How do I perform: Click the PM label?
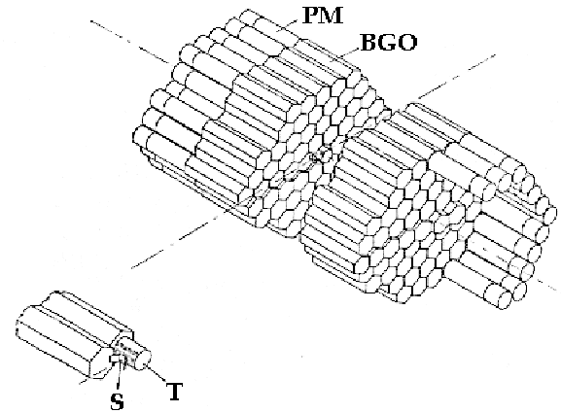pyautogui.click(x=323, y=16)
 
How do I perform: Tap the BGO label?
pyautogui.click(x=389, y=42)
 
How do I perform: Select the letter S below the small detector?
pyautogui.click(x=117, y=402)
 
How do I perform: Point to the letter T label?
pyautogui.click(x=175, y=392)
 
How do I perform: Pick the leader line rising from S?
pyautogui.click(x=120, y=376)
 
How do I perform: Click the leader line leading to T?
pyautogui.click(x=157, y=373)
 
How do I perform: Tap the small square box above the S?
pyautogui.click(x=115, y=359)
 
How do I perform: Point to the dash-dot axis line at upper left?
pyautogui.click(x=130, y=42)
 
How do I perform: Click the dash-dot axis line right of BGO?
pyautogui.click(x=456, y=77)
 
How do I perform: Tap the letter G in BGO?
pyautogui.click(x=389, y=42)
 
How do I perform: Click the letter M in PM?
pyautogui.click(x=332, y=16)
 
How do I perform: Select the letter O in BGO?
pyautogui.click(x=408, y=42)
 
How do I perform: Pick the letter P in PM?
pyautogui.click(x=310, y=16)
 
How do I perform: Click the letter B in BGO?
pyautogui.click(x=369, y=42)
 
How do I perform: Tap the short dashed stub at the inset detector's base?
pyautogui.click(x=85, y=381)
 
